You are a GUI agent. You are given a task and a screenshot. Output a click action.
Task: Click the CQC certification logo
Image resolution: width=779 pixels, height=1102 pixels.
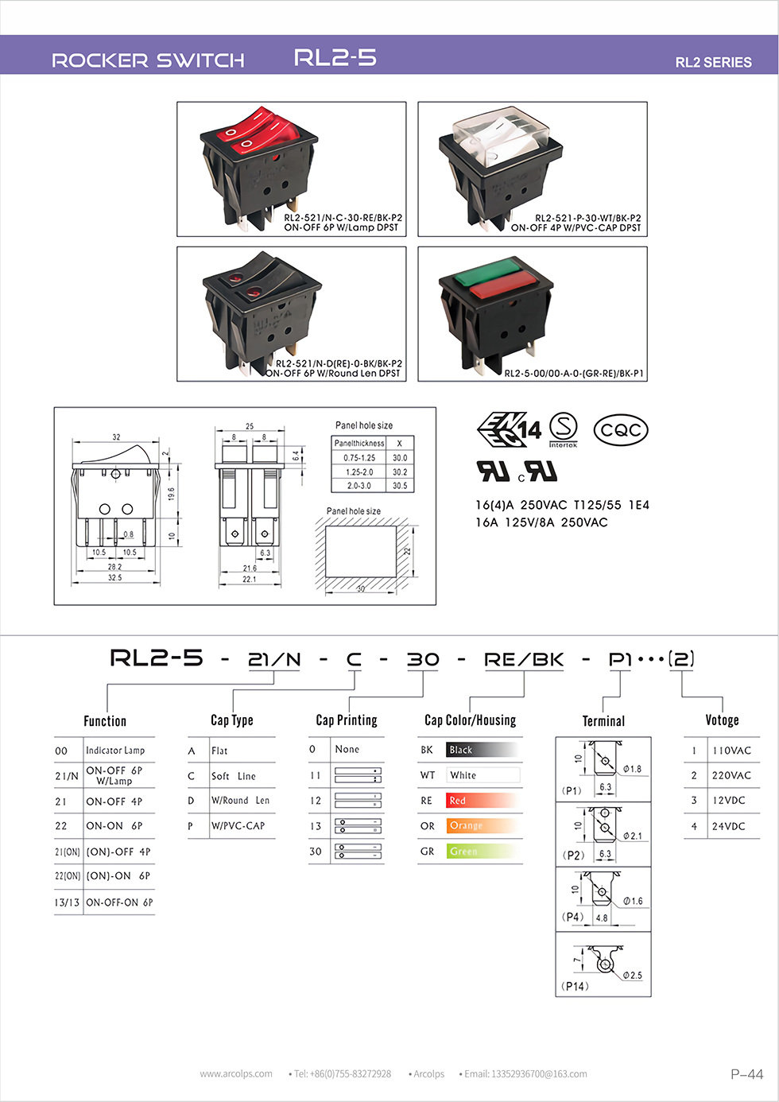tap(621, 430)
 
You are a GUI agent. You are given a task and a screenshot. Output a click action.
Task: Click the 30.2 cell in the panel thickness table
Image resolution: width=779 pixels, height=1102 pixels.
tap(400, 471)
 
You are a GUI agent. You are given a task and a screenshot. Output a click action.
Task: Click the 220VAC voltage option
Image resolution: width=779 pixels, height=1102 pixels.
tap(731, 775)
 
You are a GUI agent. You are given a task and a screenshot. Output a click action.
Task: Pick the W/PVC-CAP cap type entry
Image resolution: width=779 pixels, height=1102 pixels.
tap(238, 826)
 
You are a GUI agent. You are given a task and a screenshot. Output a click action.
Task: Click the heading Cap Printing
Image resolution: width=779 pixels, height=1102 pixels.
tap(347, 720)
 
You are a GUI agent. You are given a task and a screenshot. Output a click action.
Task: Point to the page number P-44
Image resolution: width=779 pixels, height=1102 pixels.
tap(746, 1074)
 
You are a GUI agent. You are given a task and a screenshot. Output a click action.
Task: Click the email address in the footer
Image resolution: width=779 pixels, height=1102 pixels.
tap(525, 1074)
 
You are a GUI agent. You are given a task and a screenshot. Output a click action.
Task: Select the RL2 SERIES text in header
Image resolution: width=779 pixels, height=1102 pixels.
tap(713, 62)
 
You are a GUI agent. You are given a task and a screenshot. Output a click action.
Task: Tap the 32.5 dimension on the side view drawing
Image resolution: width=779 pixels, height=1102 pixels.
tap(115, 578)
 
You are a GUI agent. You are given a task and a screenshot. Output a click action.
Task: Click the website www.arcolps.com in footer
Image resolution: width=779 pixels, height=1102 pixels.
tap(236, 1074)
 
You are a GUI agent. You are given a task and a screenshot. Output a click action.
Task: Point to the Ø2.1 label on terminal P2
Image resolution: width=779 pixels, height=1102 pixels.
tap(632, 836)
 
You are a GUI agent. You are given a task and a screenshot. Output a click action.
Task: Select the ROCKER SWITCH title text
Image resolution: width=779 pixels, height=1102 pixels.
tap(148, 60)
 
